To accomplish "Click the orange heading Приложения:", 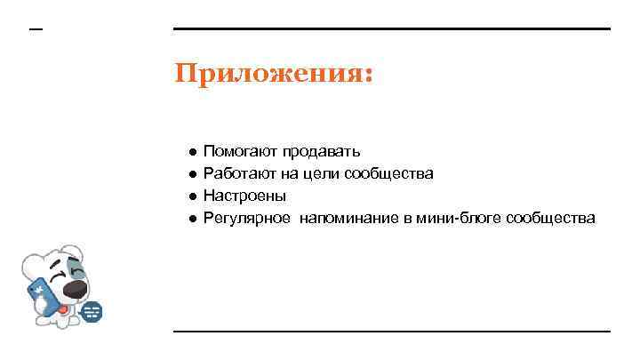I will (274, 73).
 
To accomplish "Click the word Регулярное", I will (246, 218).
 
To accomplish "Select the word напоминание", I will (348, 218).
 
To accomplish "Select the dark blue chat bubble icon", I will (92, 312).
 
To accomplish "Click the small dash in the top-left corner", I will (36, 30).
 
